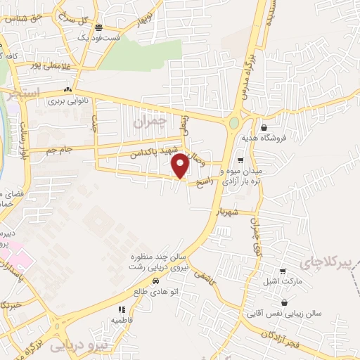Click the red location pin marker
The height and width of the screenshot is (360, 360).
[x=181, y=165]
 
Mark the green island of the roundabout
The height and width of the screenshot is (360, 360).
[x=233, y=124]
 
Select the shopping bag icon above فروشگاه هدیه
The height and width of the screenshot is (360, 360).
[x=264, y=128]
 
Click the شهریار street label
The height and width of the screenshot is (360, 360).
[x=229, y=211]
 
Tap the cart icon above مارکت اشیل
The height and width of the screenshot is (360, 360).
[x=283, y=272]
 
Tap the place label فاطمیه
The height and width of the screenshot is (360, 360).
[x=122, y=319]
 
